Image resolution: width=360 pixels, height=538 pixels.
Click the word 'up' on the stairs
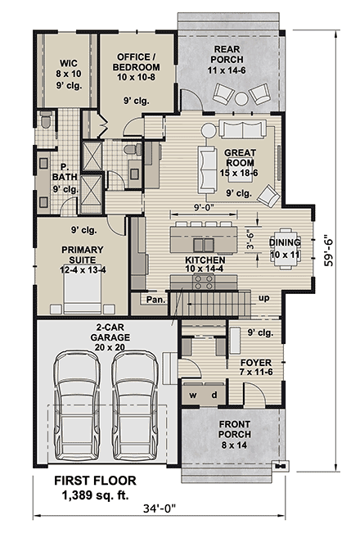click(x=263, y=299)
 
